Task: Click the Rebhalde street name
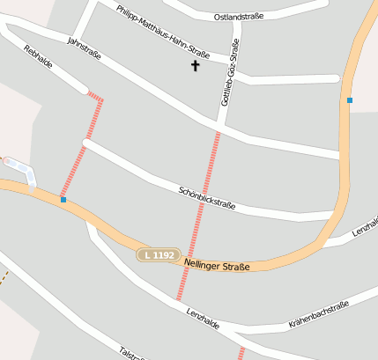39,59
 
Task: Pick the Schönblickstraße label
206,197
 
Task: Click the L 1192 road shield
158,255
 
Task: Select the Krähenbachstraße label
319,314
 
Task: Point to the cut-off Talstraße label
130,353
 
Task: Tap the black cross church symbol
196,66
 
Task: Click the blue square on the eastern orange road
350,100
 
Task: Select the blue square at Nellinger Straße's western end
63,200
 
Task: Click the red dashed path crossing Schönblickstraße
199,211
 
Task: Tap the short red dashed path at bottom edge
240,352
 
